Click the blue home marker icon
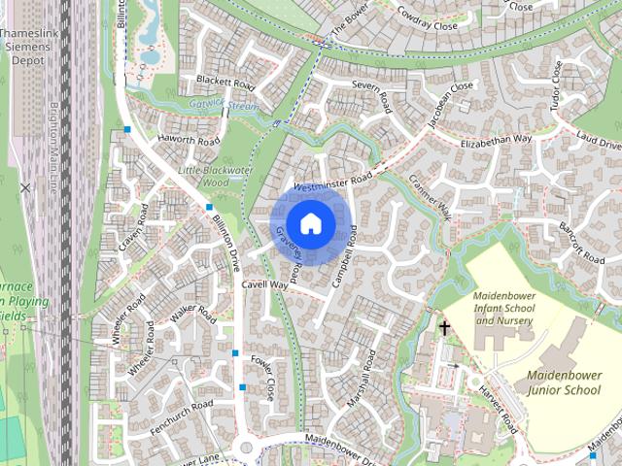click(x=310, y=223)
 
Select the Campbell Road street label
click(x=346, y=254)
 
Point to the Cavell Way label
click(x=265, y=285)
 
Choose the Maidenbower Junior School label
click(x=564, y=382)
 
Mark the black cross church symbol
click(x=445, y=328)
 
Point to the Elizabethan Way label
click(x=496, y=140)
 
